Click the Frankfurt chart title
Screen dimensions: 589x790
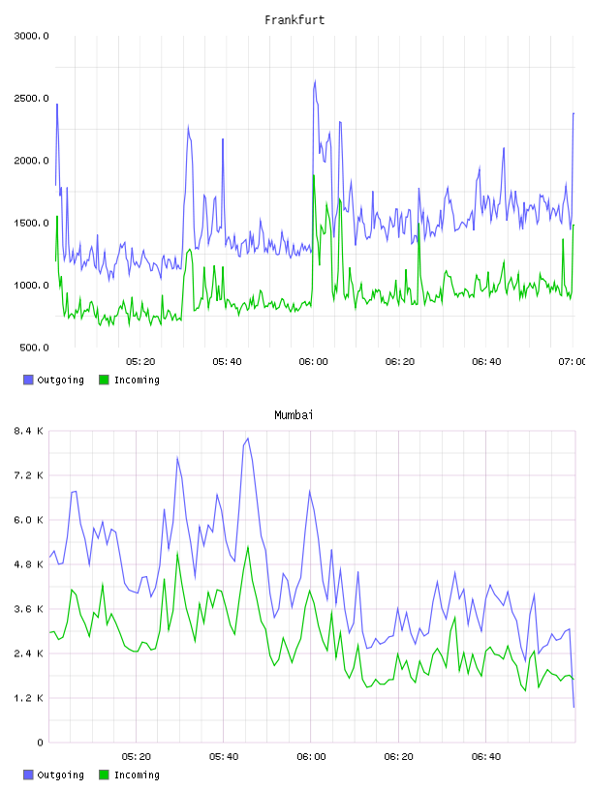[294, 20]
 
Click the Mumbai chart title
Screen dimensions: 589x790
[294, 415]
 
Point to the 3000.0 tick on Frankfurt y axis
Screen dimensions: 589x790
[31, 36]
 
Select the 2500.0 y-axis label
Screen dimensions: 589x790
[31, 98]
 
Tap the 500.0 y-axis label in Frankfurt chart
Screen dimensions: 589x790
[34, 348]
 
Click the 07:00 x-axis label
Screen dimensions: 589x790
[572, 362]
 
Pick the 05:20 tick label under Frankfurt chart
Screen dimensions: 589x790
[140, 362]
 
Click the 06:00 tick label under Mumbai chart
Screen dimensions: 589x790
[311, 757]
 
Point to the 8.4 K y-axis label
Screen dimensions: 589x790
[29, 431]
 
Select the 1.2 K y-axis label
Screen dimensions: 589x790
[29, 698]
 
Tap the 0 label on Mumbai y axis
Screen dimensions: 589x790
[40, 743]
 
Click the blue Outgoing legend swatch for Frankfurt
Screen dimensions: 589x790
[28, 380]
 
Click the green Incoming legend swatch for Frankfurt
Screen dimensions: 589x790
[104, 380]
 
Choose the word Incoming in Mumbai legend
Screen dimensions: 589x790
[137, 775]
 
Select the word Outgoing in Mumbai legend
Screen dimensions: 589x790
[60, 775]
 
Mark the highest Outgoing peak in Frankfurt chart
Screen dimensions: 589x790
[315, 80]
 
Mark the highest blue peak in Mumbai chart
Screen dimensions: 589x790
[248, 439]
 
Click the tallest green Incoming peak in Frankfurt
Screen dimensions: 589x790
[314, 175]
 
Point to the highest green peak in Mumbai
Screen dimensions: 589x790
[248, 546]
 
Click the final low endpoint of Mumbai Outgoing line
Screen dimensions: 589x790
[573, 707]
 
